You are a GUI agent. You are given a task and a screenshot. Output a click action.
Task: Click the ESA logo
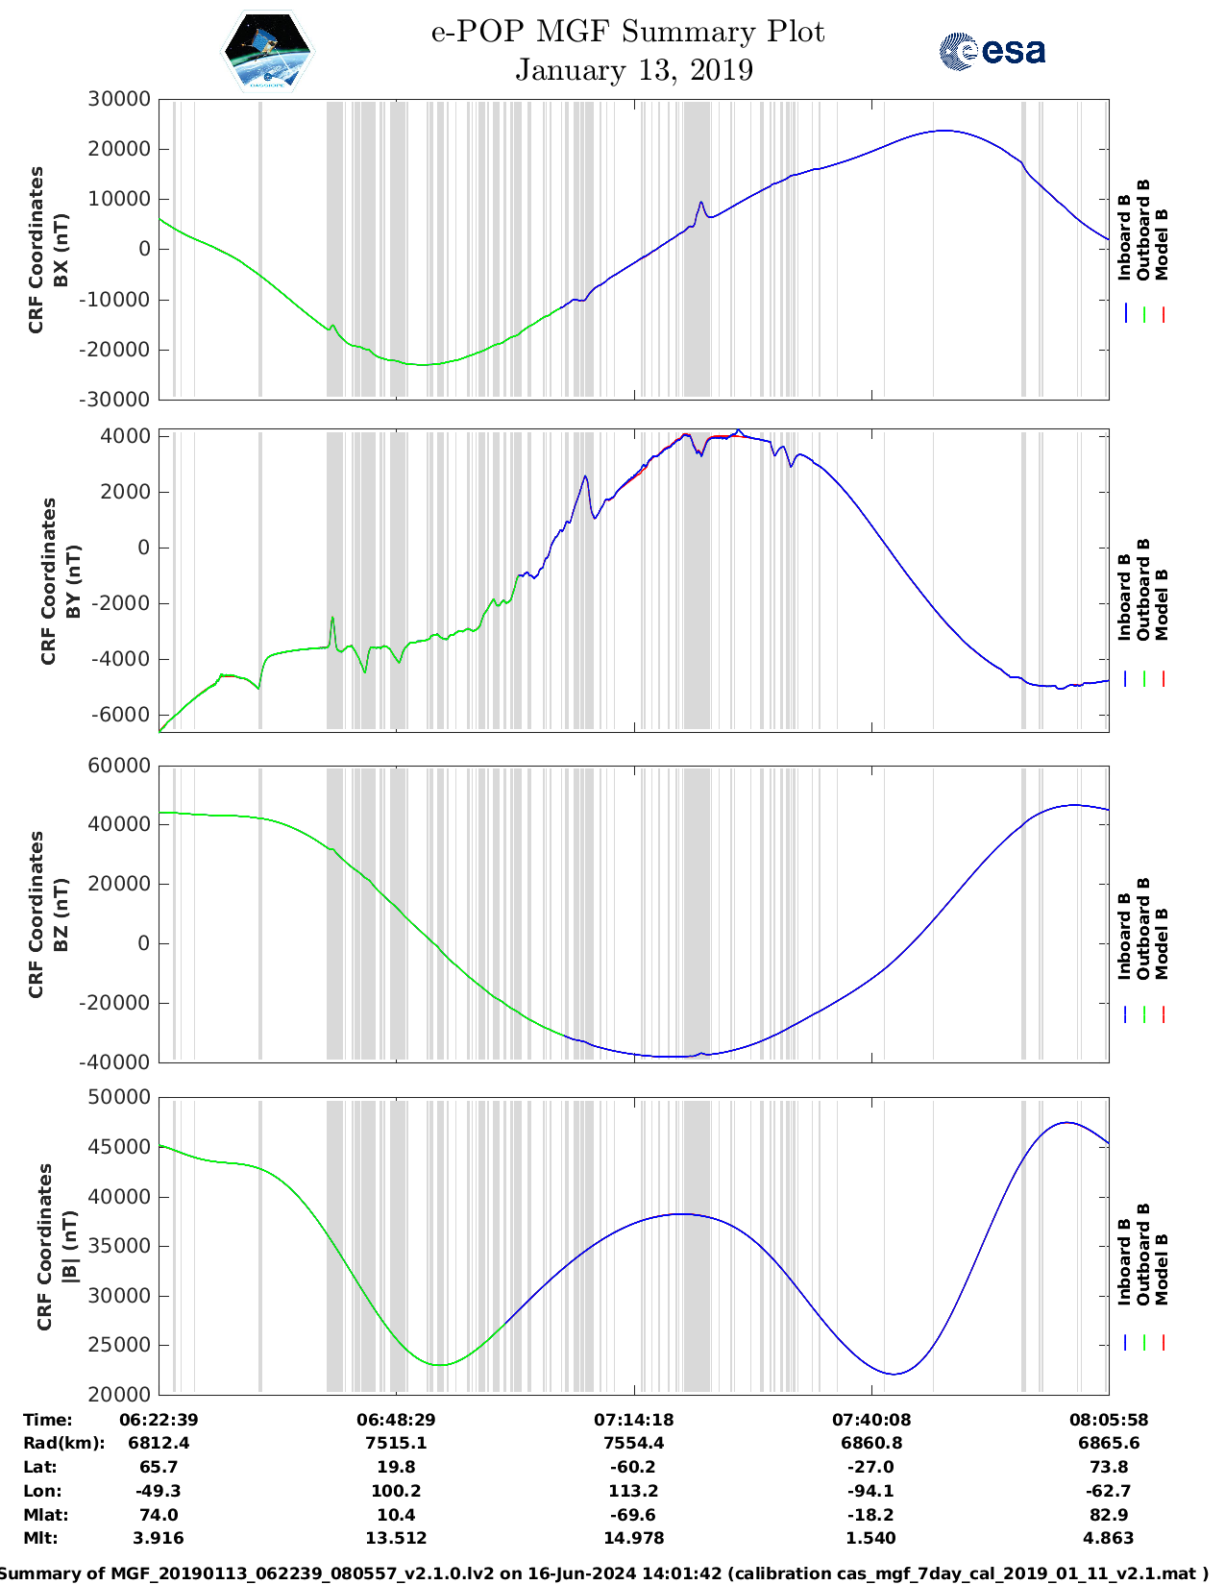click(x=992, y=51)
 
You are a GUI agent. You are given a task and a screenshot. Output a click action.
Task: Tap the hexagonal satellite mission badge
click(x=267, y=51)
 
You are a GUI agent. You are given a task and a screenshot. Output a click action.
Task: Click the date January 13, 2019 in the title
click(x=633, y=70)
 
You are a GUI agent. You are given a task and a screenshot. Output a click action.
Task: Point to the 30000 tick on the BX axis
click(x=119, y=99)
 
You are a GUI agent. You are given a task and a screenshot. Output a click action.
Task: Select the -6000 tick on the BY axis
click(x=121, y=715)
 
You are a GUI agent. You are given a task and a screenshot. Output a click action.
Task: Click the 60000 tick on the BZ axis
click(x=119, y=766)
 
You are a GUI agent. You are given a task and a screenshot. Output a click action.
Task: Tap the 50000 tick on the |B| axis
click(x=119, y=1097)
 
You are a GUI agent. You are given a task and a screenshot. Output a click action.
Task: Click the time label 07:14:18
click(x=633, y=1419)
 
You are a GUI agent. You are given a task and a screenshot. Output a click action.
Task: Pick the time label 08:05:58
click(x=1108, y=1419)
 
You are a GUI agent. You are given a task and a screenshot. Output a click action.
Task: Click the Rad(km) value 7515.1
click(x=396, y=1443)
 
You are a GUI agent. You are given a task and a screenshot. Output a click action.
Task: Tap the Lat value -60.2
click(x=633, y=1467)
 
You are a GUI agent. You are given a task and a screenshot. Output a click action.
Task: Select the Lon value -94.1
click(x=871, y=1491)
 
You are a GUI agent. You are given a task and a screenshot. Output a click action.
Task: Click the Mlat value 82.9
click(x=1108, y=1515)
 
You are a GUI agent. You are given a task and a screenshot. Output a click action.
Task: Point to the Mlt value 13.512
click(x=396, y=1538)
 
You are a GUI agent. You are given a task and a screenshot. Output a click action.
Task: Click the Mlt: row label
click(x=40, y=1538)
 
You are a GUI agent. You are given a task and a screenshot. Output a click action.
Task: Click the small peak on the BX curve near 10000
click(x=701, y=203)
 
